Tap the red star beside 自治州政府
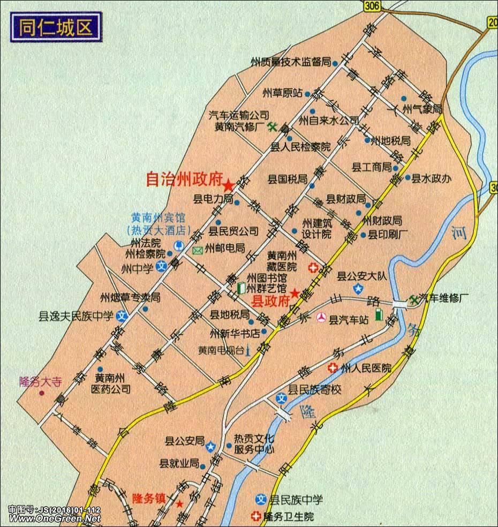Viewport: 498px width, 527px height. click(229, 185)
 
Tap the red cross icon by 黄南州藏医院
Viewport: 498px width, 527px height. click(312, 267)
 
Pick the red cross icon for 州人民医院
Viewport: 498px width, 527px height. click(332, 368)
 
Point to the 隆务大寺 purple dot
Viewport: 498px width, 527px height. click(41, 394)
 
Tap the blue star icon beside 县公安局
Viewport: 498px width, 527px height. click(212, 446)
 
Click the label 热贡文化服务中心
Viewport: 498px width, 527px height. click(254, 445)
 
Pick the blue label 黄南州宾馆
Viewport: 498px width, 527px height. click(158, 219)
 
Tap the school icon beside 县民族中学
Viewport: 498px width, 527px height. click(261, 500)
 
